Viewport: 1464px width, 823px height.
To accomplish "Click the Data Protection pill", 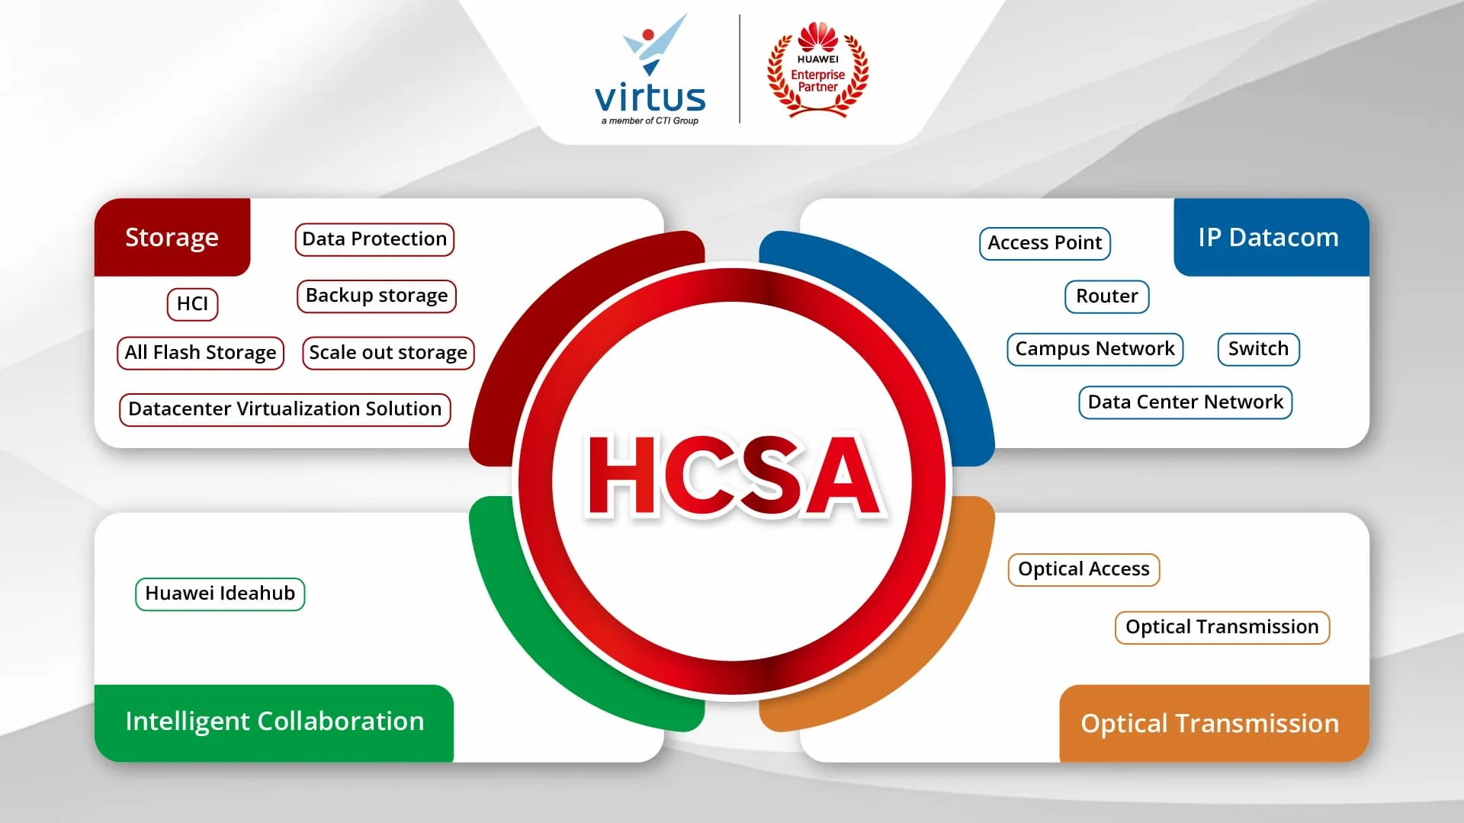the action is click(374, 239).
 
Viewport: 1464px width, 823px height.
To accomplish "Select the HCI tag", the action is click(192, 304).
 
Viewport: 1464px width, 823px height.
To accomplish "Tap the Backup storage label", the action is click(377, 296).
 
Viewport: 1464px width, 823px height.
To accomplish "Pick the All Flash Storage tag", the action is click(201, 353).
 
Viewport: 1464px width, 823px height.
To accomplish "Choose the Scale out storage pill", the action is click(388, 353).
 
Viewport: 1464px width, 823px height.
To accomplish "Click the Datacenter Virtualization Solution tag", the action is click(285, 409).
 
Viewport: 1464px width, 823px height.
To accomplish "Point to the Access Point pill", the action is click(1045, 243).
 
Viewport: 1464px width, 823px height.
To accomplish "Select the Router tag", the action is click(1106, 296).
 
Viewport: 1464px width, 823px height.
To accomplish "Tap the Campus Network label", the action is click(1095, 349).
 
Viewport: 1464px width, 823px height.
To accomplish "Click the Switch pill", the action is click(1258, 349).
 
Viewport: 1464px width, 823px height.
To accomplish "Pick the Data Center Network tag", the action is click(1185, 402).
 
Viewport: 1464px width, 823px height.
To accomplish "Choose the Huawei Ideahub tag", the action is click(220, 594).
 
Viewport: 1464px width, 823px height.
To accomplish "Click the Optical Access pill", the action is click(1084, 569).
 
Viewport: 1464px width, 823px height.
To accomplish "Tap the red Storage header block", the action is click(172, 237).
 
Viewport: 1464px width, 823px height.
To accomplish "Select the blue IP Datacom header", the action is click(1271, 237).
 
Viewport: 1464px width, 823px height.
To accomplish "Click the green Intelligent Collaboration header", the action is click(274, 722).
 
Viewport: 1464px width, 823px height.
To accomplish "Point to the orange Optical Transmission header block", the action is click(1214, 723).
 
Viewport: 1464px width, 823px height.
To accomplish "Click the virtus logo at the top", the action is click(650, 70).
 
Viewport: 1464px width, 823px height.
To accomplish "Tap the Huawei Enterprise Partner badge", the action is click(817, 69).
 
